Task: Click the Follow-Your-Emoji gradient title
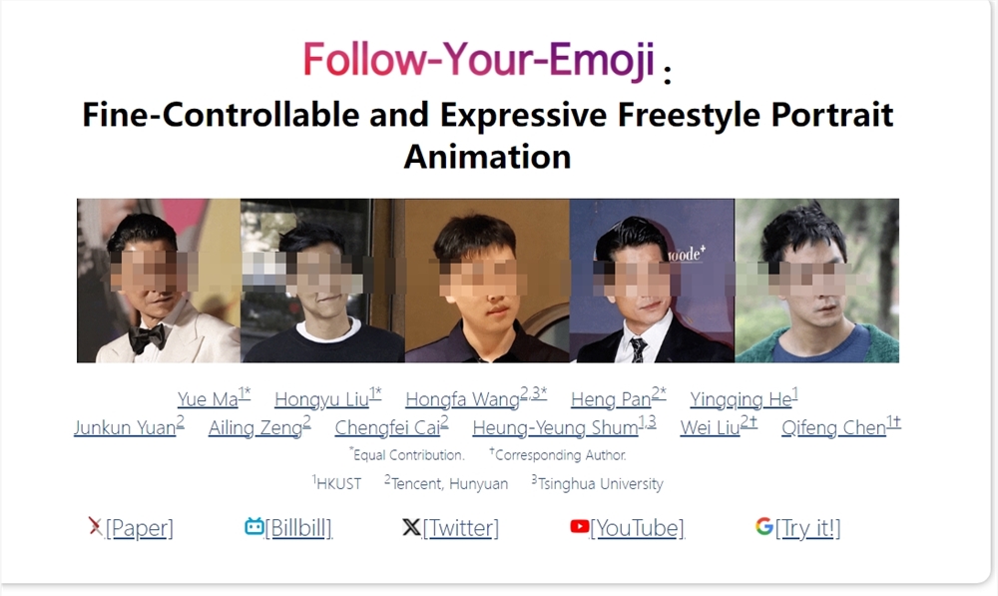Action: click(479, 60)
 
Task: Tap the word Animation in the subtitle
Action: click(487, 157)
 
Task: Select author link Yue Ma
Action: click(208, 399)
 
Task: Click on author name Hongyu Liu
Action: click(321, 399)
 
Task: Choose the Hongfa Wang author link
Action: click(462, 399)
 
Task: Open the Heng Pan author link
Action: click(611, 399)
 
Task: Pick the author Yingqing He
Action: click(740, 399)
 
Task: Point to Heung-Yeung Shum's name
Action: click(555, 428)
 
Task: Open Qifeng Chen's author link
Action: click(833, 428)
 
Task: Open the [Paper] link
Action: click(139, 528)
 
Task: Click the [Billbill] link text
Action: click(298, 528)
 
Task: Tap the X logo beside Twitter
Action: click(410, 527)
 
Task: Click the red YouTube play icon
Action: click(580, 526)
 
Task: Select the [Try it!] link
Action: click(807, 528)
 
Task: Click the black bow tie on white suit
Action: click(147, 337)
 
